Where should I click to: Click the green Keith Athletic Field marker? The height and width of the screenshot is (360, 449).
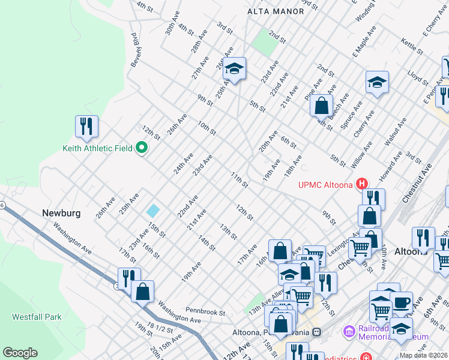click(142, 147)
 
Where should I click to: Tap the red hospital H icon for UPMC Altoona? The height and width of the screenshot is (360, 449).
click(362, 184)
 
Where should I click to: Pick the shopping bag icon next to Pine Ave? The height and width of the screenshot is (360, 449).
click(322, 106)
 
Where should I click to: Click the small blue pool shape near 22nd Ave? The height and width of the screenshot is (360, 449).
click(153, 211)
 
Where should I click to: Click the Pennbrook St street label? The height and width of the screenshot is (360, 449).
click(205, 313)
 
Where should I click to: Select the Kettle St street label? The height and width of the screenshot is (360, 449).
click(412, 44)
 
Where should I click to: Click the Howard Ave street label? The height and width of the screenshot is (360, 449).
click(394, 162)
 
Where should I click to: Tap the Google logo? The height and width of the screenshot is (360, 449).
click(20, 352)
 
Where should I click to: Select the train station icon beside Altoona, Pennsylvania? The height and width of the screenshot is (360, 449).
click(316, 332)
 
